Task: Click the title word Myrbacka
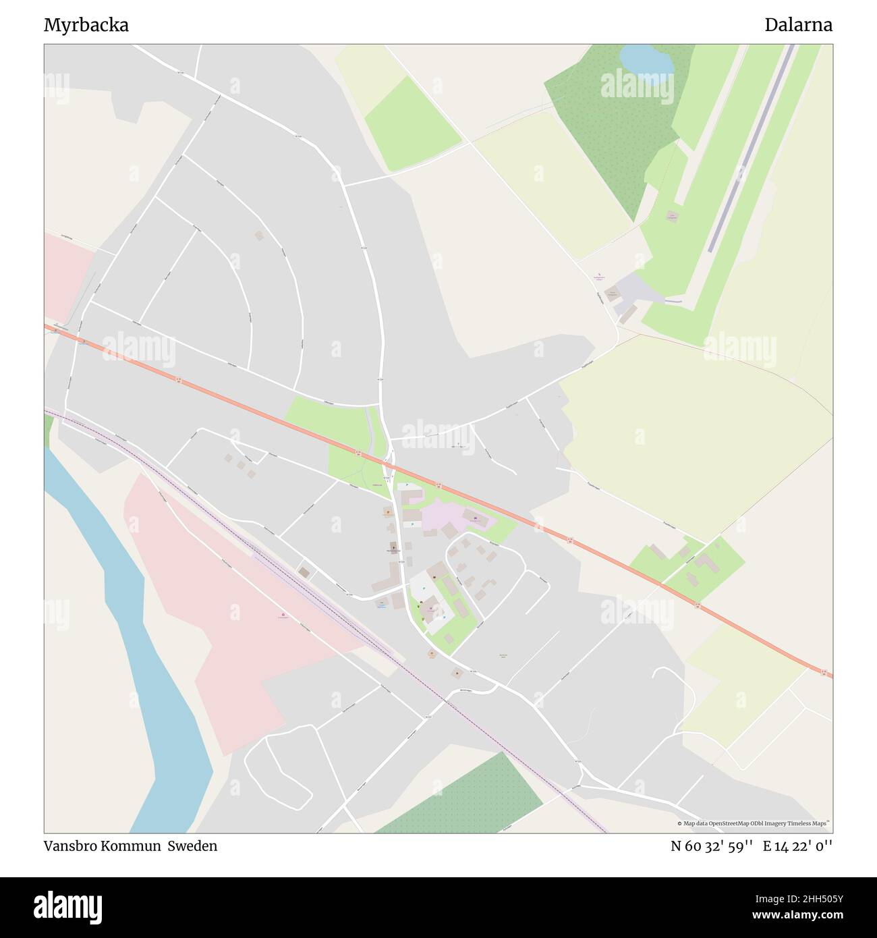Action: click(86, 26)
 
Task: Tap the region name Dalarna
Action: click(798, 26)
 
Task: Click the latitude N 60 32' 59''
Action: click(712, 846)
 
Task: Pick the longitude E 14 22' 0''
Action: click(798, 846)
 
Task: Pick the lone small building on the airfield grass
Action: click(671, 216)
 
